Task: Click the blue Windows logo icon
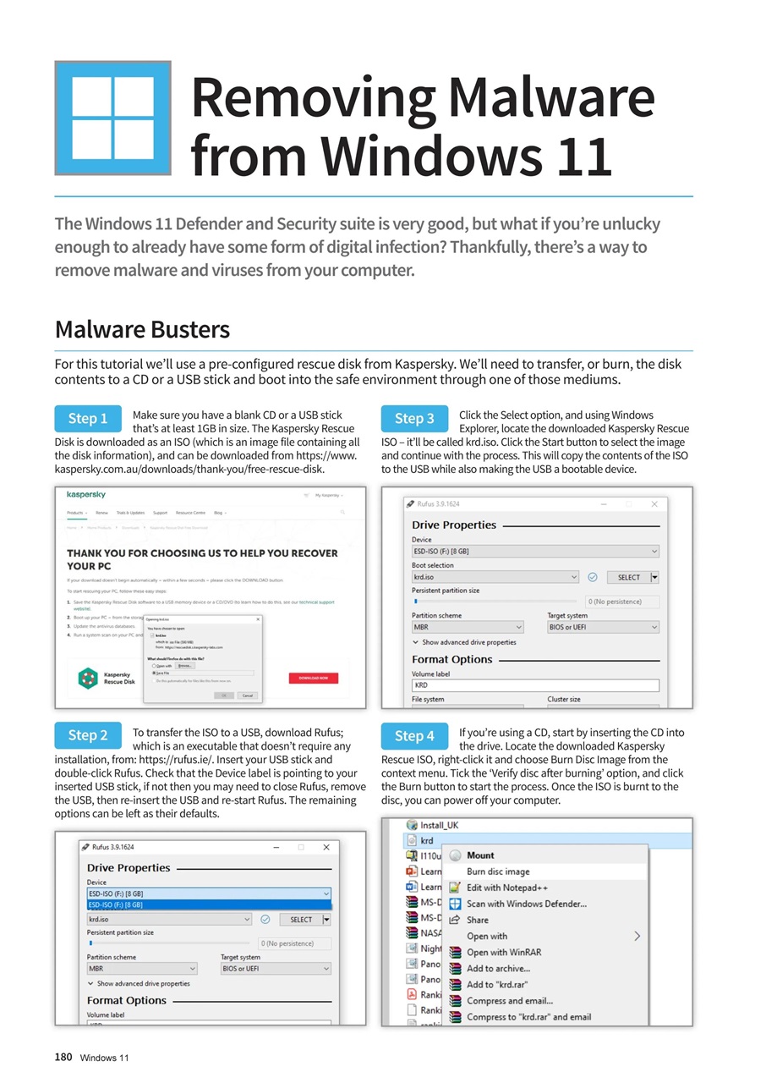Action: coord(113,118)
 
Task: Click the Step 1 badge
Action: coord(88,418)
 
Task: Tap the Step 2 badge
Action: coord(88,735)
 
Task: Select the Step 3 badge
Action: coord(414,418)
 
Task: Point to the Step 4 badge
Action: coord(414,735)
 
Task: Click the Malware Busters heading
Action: coord(142,328)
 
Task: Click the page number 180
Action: coord(63,1057)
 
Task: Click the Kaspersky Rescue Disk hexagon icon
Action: coord(88,677)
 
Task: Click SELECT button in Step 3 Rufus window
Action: coord(629,577)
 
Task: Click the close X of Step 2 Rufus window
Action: coord(326,847)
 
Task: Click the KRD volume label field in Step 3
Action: coord(534,685)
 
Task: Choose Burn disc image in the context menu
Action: coord(498,871)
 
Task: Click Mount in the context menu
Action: coord(480,855)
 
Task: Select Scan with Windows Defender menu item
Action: coord(526,904)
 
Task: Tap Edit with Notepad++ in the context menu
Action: coord(507,888)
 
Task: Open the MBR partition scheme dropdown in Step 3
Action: coord(468,627)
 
